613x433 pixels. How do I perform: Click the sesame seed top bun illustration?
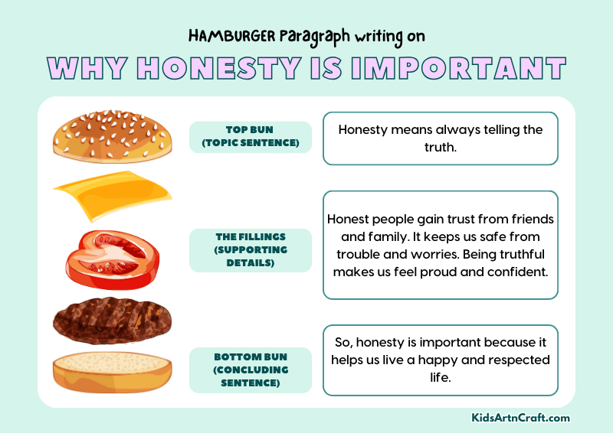click(113, 136)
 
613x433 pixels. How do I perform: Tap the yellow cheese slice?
click(112, 195)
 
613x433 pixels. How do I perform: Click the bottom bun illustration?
click(112, 372)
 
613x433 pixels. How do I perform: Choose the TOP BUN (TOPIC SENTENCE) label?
click(251, 137)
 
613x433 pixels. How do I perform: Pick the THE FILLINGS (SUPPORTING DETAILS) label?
click(251, 250)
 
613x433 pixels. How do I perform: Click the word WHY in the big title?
click(84, 68)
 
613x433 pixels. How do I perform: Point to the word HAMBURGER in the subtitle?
click(226, 36)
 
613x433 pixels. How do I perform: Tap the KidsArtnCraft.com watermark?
click(520, 418)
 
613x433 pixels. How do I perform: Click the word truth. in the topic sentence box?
click(441, 146)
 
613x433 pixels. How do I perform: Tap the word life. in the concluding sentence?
click(441, 377)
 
